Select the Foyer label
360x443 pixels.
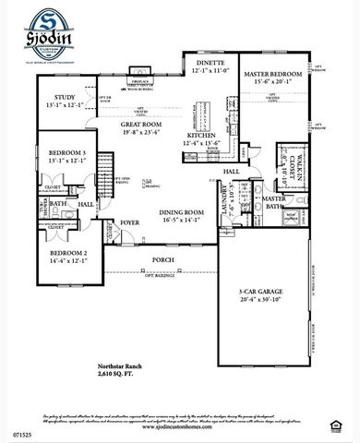click(x=129, y=222)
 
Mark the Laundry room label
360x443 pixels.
click(x=223, y=205)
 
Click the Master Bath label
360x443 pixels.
click(x=274, y=203)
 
